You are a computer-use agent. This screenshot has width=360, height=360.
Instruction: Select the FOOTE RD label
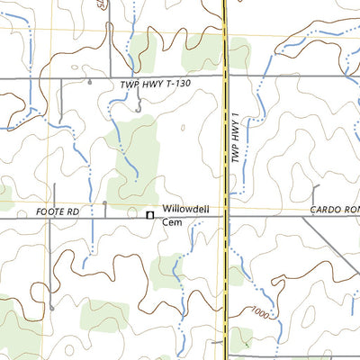pyautogui.click(x=58, y=211)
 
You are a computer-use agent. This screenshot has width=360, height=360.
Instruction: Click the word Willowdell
pyautogui.click(x=185, y=210)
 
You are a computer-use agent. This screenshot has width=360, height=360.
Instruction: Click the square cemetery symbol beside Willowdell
pyautogui.click(x=149, y=214)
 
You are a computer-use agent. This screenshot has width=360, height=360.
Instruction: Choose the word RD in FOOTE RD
pyautogui.click(x=74, y=211)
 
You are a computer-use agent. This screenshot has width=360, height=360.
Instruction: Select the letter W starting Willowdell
pyautogui.click(x=166, y=210)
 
